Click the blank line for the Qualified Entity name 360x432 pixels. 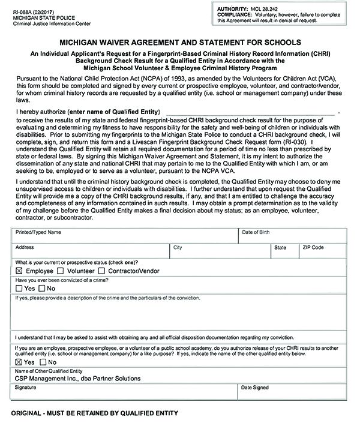(250, 112)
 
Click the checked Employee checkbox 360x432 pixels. (19, 271)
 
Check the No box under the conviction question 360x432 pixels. (41, 289)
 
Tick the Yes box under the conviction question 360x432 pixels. (19, 289)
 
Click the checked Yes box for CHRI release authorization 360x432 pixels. (19, 362)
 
